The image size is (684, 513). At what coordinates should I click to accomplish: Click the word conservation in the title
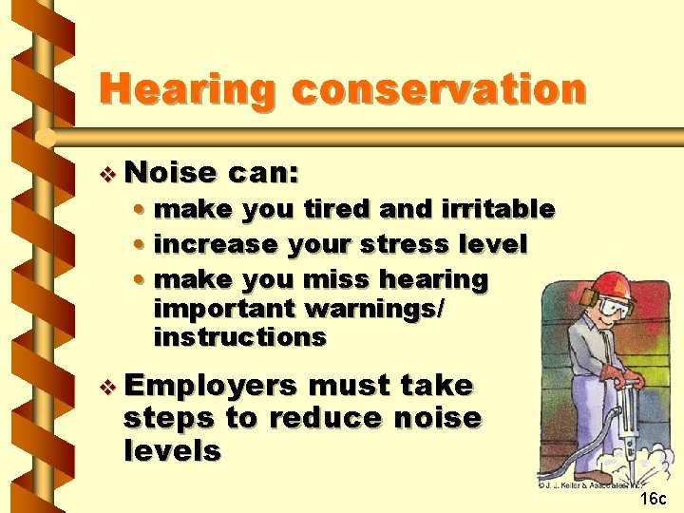[x=439, y=89]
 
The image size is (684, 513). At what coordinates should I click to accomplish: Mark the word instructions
[x=239, y=337]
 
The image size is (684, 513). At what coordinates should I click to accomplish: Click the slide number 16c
[x=654, y=499]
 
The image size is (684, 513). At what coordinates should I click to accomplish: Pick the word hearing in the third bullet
[x=433, y=279]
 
